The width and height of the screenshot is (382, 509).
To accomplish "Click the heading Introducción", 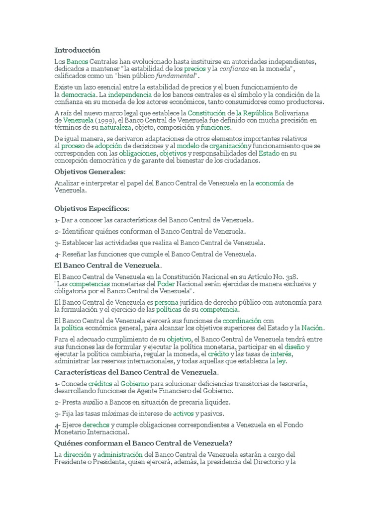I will click(77, 50).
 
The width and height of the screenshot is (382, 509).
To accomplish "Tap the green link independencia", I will click(130, 94).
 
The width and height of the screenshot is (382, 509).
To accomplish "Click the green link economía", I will click(270, 183).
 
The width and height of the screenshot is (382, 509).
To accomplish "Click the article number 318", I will click(294, 276).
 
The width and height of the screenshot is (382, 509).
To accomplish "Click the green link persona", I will click(166, 302).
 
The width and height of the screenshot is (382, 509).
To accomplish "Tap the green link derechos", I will click(95, 424).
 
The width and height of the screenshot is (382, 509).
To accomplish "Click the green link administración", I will click(120, 454).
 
